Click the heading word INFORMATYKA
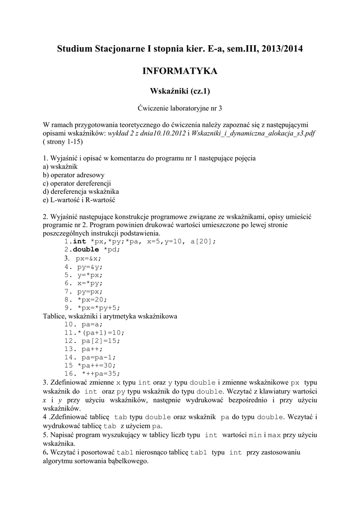pyautogui.click(x=180, y=72)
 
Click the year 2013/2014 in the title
pyautogui.click(x=278, y=49)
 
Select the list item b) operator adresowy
pyautogui.click(x=74, y=175)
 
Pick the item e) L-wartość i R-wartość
pyautogui.click(x=79, y=200)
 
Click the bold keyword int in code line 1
pyautogui.click(x=80, y=242)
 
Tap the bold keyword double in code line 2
pyautogui.click(x=87, y=250)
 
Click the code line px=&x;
pyautogui.click(x=89, y=258)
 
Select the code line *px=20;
pyautogui.click(x=92, y=300)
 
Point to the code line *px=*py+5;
pyautogui.click(x=99, y=308)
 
